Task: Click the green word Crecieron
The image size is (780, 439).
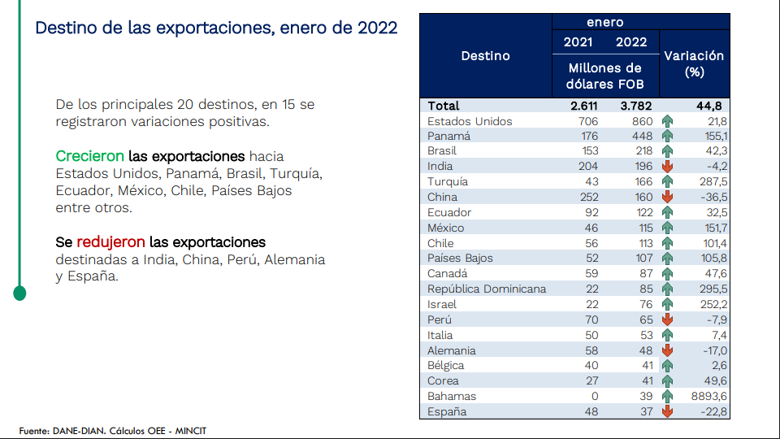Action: pyautogui.click(x=89, y=155)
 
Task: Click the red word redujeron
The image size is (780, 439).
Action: pyautogui.click(x=110, y=242)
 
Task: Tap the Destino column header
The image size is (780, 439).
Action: pyautogui.click(x=485, y=56)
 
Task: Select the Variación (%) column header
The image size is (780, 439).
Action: pyautogui.click(x=694, y=63)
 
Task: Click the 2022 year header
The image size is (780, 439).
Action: pyautogui.click(x=631, y=42)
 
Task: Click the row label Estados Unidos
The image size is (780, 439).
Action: pyautogui.click(x=470, y=121)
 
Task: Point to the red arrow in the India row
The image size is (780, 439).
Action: pyautogui.click(x=668, y=167)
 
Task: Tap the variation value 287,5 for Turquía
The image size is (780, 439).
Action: pyautogui.click(x=711, y=182)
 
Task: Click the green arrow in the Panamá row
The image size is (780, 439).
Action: pyautogui.click(x=668, y=137)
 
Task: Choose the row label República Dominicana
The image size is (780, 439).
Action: pyautogui.click(x=487, y=289)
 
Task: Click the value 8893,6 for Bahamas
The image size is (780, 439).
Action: pyautogui.click(x=705, y=396)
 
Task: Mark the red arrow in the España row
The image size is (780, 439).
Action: pyautogui.click(x=668, y=411)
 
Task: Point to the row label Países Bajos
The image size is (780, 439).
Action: pyautogui.click(x=460, y=258)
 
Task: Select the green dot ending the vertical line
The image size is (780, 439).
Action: pyautogui.click(x=19, y=293)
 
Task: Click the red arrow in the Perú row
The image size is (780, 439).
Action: pyautogui.click(x=668, y=319)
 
